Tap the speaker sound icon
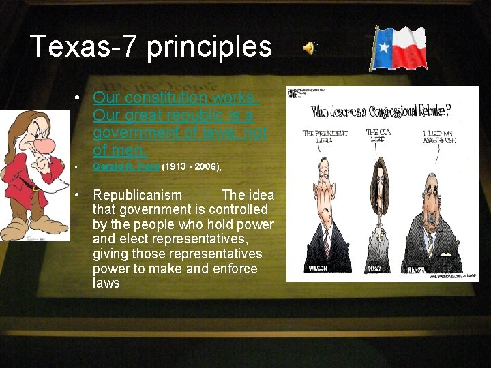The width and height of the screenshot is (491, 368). tap(310, 48)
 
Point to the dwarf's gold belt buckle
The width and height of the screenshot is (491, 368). tap(34, 187)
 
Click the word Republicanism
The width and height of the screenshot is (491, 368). tap(137, 196)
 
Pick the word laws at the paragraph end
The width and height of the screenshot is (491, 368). tap(106, 283)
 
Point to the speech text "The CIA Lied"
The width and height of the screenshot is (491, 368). tap(378, 136)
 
